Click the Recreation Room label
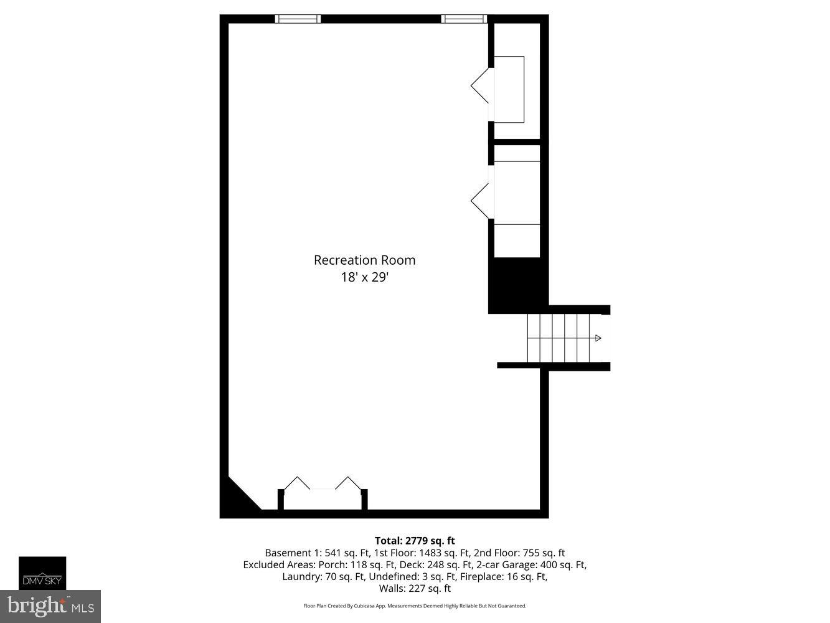[364, 260]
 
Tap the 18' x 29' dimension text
[364, 277]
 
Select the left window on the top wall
[298, 19]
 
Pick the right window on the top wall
[464, 19]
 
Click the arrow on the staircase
[598, 338]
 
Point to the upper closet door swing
[481, 85]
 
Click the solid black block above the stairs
[517, 285]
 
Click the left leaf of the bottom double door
[297, 483]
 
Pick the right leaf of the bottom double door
[349, 483]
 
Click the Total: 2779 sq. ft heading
[415, 541]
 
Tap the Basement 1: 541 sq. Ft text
[318, 553]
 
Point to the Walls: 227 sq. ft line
[415, 588]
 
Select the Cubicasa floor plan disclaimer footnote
[415, 606]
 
